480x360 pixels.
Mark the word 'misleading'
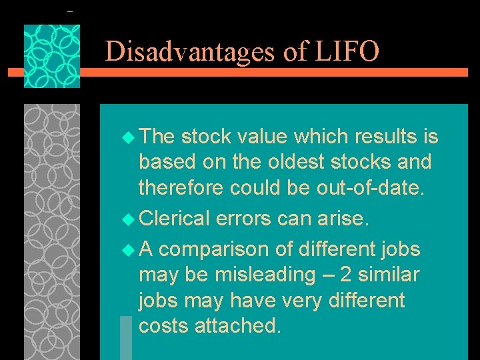(x=263, y=275)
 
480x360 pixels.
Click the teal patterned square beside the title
(x=52, y=57)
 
